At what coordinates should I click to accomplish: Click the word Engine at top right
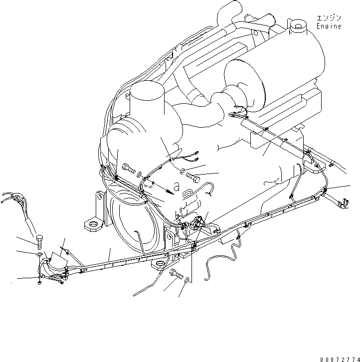[329, 27]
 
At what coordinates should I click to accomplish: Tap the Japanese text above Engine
[329, 18]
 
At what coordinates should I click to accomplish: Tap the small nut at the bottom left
[39, 283]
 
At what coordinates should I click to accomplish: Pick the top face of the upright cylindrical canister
[147, 91]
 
